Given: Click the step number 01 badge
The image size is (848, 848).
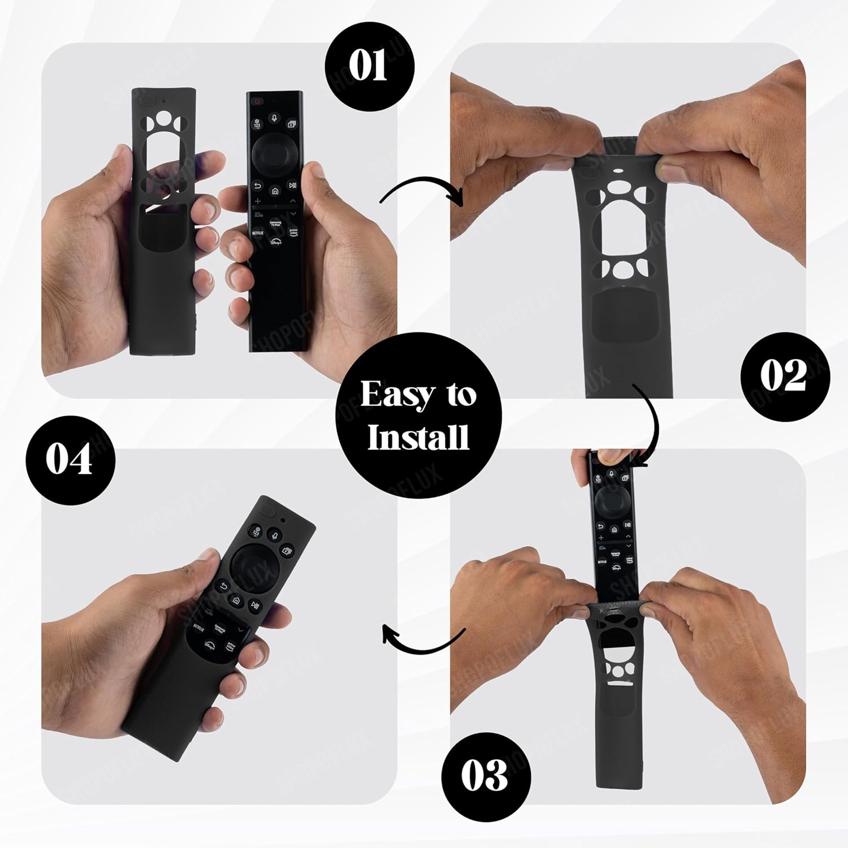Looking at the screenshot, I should [369, 66].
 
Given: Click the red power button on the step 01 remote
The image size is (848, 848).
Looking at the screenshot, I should [258, 101].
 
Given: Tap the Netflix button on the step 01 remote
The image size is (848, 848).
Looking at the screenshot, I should [257, 232].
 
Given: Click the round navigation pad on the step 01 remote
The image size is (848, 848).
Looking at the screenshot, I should [274, 152].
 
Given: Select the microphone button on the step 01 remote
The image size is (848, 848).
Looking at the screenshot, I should [275, 119].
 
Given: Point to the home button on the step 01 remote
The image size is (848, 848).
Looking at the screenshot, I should [275, 191].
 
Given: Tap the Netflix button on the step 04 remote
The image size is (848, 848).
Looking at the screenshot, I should [199, 626].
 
